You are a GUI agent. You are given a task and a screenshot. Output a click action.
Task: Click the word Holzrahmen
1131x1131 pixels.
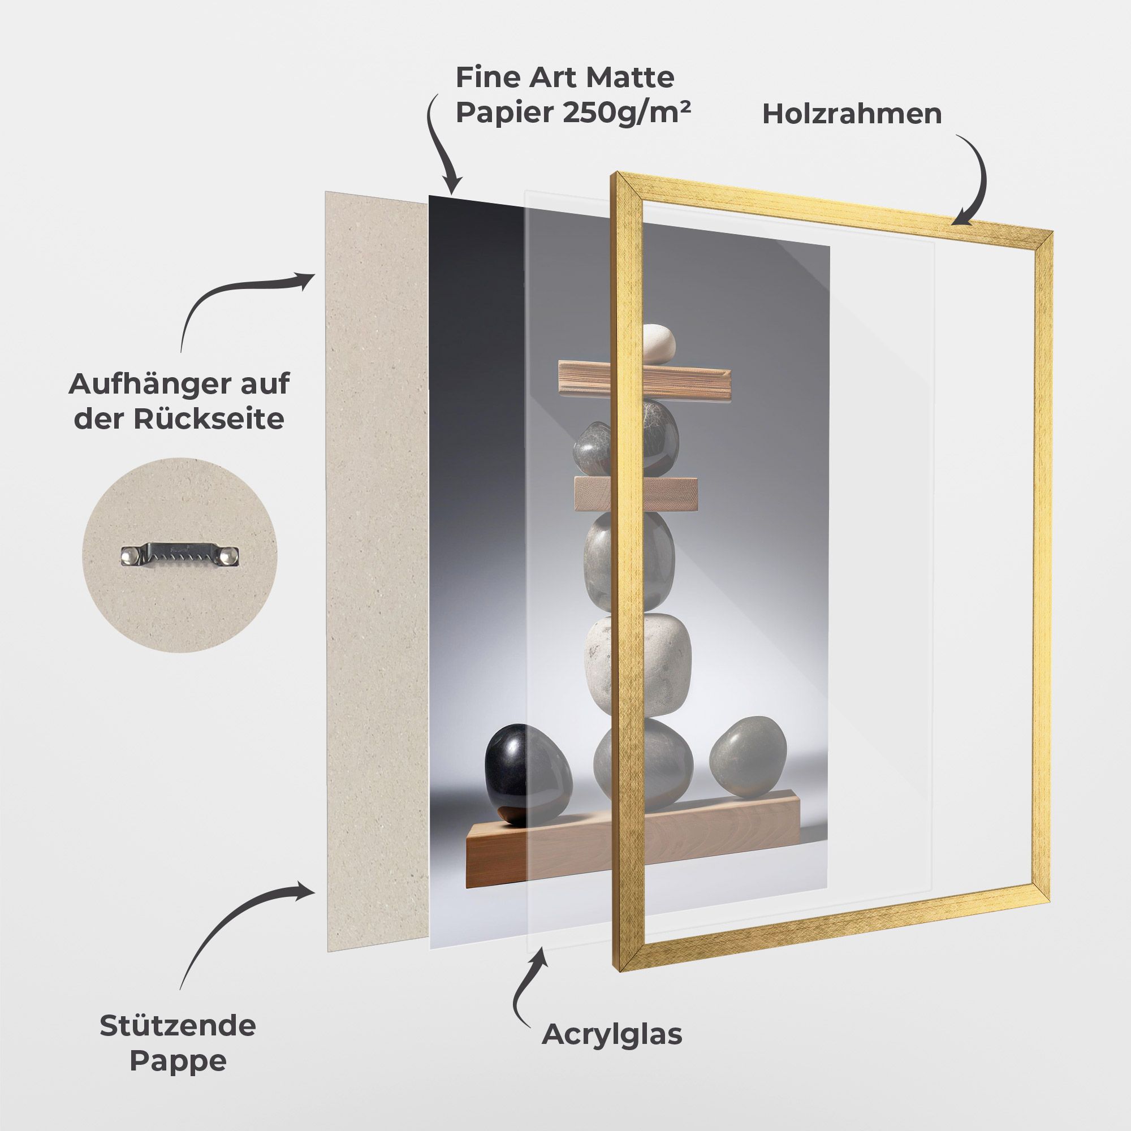(x=852, y=114)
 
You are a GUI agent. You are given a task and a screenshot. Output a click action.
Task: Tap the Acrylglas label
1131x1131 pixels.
(x=612, y=1034)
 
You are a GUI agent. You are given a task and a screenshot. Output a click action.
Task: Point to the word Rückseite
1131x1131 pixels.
(x=209, y=418)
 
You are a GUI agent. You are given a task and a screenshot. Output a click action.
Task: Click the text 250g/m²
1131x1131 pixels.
(x=627, y=113)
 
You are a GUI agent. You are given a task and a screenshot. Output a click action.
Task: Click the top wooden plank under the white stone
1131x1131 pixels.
(x=645, y=381)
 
